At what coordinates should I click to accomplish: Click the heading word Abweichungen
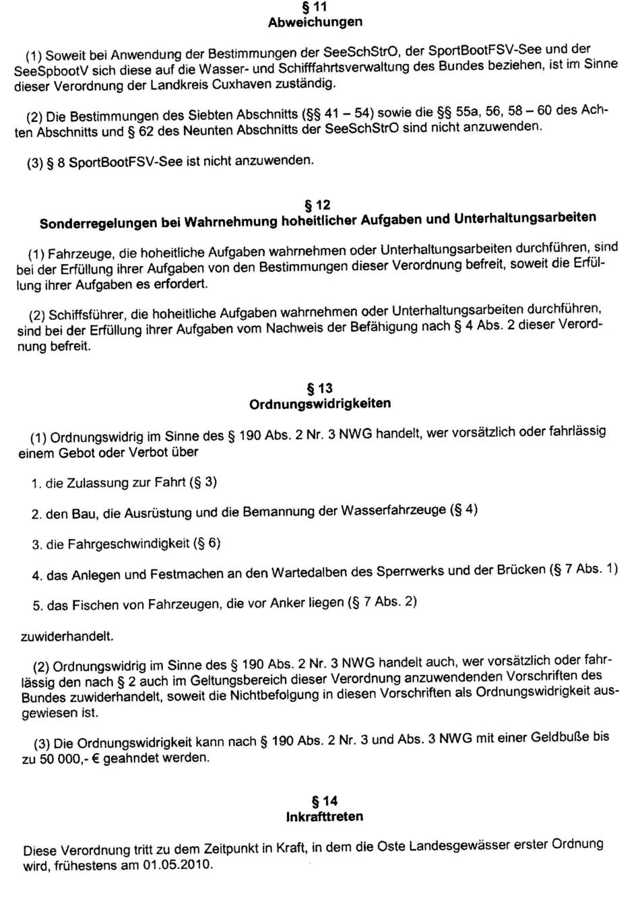coord(315,22)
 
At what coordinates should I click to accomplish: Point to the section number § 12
coord(318,204)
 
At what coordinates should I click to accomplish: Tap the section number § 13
coord(319,389)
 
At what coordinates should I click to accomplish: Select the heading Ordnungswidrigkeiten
coord(319,404)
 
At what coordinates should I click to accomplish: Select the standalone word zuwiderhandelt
coord(66,635)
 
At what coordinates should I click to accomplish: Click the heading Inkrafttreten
coord(325,816)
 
